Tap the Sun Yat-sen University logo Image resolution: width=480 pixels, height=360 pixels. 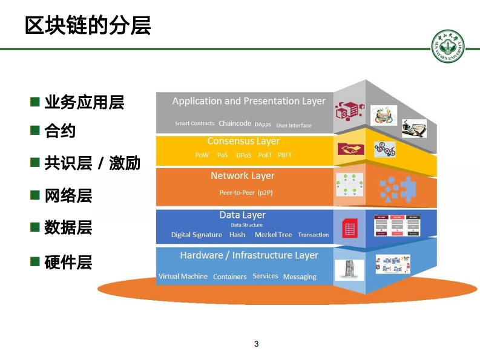point(449,45)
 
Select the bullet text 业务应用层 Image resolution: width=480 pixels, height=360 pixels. point(84,102)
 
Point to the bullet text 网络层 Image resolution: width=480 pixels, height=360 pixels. point(68,195)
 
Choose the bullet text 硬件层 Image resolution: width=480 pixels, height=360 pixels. point(68,262)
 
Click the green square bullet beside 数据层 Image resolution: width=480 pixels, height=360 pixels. point(35,227)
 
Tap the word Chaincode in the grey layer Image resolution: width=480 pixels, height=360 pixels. point(235,123)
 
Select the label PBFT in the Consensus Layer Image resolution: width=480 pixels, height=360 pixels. point(284,155)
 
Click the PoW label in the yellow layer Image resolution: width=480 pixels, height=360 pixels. point(202,155)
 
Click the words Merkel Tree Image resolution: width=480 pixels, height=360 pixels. point(273,235)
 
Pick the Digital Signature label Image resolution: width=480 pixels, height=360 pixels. point(196,235)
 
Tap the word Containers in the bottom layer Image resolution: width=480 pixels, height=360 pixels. point(229,277)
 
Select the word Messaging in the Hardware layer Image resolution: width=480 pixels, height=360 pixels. point(300,277)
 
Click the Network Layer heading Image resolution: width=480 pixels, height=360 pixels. point(242,176)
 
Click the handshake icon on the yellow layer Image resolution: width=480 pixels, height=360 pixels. point(349,149)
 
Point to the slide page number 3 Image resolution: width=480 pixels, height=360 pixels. point(256,344)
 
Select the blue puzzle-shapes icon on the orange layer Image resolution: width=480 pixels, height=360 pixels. point(396,189)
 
